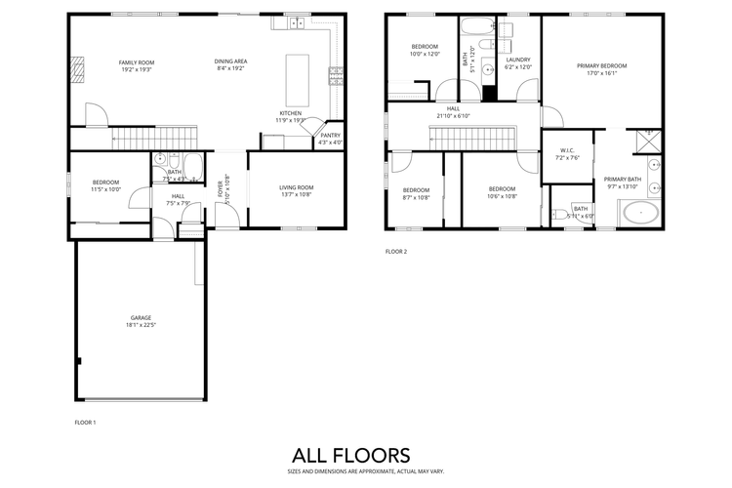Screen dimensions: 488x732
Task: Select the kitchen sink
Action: pyautogui.click(x=297, y=21)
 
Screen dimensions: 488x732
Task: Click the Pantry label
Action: pyautogui.click(x=330, y=136)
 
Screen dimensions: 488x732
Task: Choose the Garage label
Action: pyautogui.click(x=142, y=317)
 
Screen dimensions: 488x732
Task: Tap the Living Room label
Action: pyautogui.click(x=297, y=187)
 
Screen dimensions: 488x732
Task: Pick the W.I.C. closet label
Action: pyautogui.click(x=569, y=150)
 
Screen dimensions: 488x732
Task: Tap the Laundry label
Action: pyautogui.click(x=517, y=60)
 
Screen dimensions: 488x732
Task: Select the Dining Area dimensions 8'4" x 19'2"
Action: pyautogui.click(x=231, y=68)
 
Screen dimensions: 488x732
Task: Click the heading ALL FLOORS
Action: pyautogui.click(x=351, y=455)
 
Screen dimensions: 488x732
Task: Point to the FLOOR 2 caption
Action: pyautogui.click(x=395, y=251)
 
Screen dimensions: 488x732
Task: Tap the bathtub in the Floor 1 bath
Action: pyautogui.click(x=192, y=165)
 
